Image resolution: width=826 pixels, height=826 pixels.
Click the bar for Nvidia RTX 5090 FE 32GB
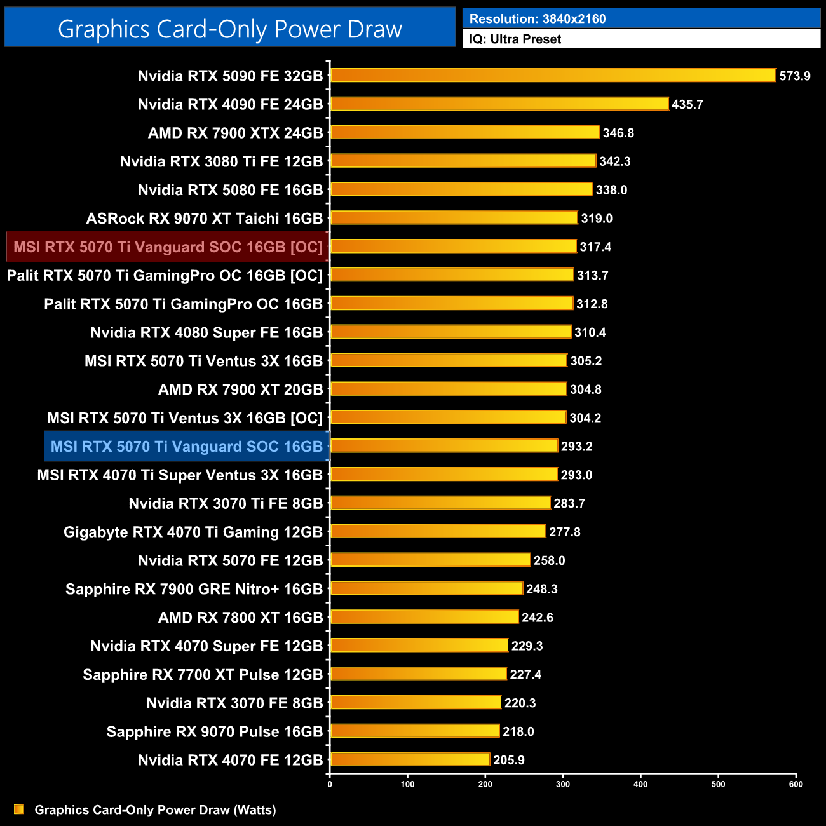(553, 76)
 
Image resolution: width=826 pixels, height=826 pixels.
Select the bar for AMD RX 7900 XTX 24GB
(464, 132)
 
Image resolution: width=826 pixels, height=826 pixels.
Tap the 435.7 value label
(687, 104)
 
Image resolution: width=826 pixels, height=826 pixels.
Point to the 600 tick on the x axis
(796, 784)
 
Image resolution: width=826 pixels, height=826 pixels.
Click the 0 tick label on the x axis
(330, 784)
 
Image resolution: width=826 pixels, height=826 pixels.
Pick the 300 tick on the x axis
(563, 784)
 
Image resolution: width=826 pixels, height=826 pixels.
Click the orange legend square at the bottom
(19, 809)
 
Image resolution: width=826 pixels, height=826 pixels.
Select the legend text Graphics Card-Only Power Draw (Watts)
(155, 809)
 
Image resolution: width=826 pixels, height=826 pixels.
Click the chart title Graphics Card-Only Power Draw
(230, 29)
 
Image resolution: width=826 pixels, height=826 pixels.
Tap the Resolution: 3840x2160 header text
(538, 19)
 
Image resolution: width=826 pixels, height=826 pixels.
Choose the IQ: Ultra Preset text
(515, 39)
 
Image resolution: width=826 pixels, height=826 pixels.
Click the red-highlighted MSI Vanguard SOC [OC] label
(168, 247)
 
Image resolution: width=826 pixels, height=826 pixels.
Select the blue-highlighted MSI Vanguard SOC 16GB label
(187, 446)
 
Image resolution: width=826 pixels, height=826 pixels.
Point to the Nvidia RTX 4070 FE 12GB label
(230, 760)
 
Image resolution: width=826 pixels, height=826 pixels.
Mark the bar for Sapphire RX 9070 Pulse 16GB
(415, 731)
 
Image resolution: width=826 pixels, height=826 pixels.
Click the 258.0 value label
(549, 560)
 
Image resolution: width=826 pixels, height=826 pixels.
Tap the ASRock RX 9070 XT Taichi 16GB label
(205, 219)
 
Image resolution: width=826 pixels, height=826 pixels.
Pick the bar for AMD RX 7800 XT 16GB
(424, 617)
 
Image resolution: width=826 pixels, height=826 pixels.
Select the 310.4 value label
(590, 332)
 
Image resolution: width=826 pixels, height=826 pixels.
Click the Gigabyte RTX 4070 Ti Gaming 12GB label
(193, 532)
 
